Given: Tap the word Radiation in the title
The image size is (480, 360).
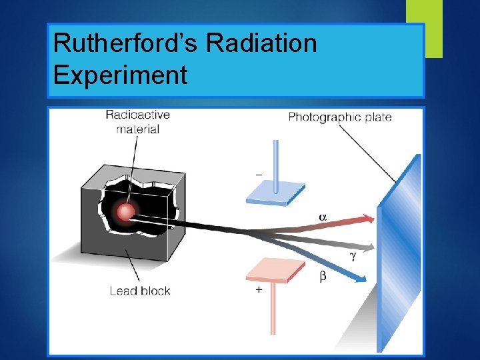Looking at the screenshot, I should [261, 43].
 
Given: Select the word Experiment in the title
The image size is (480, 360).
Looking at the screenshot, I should [120, 75].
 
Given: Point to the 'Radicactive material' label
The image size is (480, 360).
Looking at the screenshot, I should [137, 121].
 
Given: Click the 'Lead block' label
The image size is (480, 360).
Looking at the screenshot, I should [140, 291].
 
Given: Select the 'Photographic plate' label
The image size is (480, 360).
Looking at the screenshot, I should [339, 117].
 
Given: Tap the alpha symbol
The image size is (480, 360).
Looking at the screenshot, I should [323, 217].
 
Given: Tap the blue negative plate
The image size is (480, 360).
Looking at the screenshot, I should [275, 193].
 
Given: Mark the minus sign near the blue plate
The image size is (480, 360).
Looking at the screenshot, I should [259, 175].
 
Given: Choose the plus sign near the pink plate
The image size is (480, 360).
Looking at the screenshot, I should [259, 291].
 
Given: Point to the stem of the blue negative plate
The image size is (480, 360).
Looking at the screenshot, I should [275, 160].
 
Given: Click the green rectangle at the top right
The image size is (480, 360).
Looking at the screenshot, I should [425, 27].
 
